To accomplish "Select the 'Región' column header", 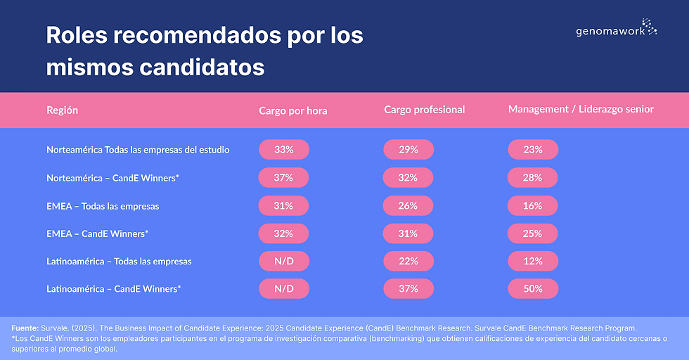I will [x=62, y=110].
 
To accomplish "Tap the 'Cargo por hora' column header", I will [x=292, y=110].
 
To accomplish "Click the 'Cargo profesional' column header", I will [x=424, y=110].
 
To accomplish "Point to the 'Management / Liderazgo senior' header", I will [x=581, y=110].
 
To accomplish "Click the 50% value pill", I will [x=532, y=288].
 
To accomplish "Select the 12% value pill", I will [x=532, y=261].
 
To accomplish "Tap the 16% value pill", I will [x=532, y=205].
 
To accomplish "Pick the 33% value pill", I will [x=283, y=150].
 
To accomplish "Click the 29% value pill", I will [x=408, y=150].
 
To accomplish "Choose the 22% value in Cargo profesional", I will [x=408, y=261].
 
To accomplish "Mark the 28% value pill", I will [x=532, y=178].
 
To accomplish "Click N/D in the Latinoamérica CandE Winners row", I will [x=283, y=288].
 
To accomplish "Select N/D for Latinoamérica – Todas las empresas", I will [x=283, y=261].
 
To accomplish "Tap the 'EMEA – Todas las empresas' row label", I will [x=103, y=206].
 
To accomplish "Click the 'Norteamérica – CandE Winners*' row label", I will [x=112, y=178].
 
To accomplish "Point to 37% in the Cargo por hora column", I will [x=283, y=178].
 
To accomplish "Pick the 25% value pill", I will [x=532, y=233].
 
